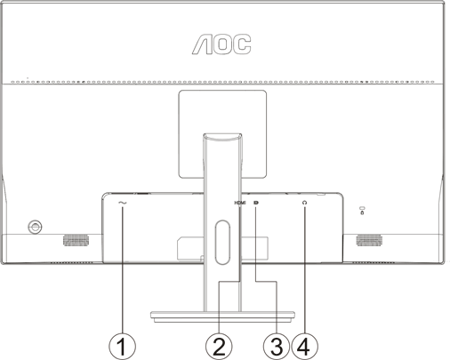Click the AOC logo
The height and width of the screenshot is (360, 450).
click(221, 44)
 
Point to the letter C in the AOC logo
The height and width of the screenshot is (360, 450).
click(242, 44)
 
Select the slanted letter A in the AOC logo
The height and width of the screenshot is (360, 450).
click(202, 44)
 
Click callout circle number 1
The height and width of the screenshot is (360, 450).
click(122, 347)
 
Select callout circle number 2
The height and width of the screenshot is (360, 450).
click(219, 347)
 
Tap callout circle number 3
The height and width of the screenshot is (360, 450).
click(277, 347)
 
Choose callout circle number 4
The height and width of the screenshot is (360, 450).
click(304, 347)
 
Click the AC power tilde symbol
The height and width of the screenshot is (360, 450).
click(122, 203)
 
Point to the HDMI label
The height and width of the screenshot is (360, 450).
click(240, 203)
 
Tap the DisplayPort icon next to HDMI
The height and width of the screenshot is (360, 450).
click(256, 203)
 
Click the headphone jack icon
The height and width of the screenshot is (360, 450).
click(304, 203)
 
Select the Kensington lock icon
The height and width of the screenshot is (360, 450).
click(362, 211)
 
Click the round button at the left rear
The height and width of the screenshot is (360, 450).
click(35, 227)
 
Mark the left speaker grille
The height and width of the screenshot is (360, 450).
click(76, 240)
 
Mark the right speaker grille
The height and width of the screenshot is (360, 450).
click(369, 240)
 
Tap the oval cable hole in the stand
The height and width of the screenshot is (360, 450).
click(222, 242)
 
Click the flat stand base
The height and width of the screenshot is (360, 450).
click(222, 316)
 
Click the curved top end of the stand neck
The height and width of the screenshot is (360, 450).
click(222, 136)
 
